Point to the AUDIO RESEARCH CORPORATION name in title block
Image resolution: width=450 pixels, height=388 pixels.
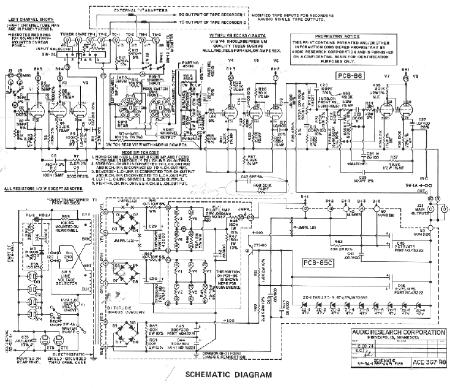395,333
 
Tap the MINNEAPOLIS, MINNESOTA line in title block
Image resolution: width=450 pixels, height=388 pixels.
395,340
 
